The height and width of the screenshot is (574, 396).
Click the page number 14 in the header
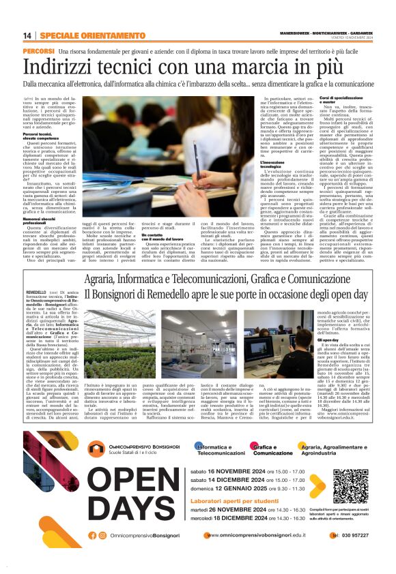[27, 36]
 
